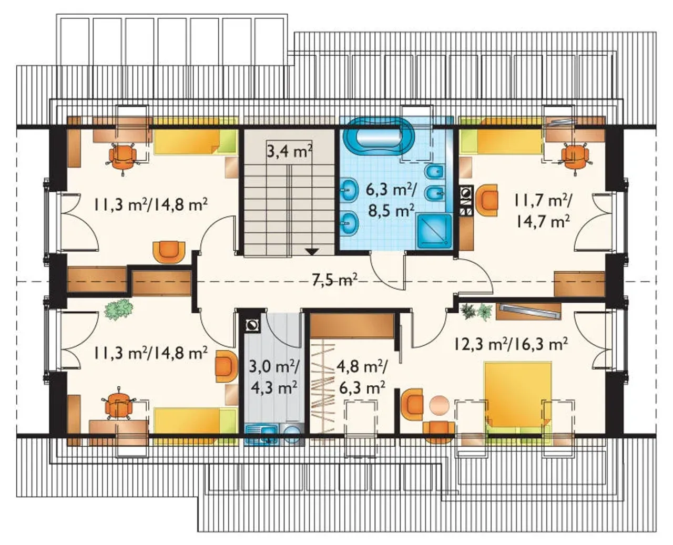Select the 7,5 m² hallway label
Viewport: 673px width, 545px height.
point(334,280)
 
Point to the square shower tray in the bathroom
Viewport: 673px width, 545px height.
point(434,231)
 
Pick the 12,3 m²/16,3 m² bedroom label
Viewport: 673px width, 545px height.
point(509,344)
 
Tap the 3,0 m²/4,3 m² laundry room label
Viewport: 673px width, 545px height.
point(273,378)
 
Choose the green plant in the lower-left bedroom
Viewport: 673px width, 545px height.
point(118,310)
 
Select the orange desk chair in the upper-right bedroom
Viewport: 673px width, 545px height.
point(575,156)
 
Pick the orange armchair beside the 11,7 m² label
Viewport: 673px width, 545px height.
point(486,200)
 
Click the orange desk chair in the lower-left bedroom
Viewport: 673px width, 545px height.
point(118,404)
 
